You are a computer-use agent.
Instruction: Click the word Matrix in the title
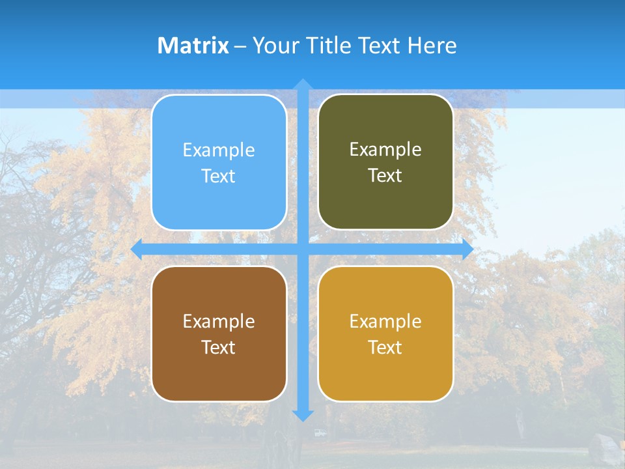coord(193,46)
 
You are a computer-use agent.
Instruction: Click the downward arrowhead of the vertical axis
coord(303,415)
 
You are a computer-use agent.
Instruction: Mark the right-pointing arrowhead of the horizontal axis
coord(467,249)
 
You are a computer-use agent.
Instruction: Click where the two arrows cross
coord(303,249)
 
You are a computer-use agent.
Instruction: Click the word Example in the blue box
coord(219,150)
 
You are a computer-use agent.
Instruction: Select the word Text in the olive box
coord(385,176)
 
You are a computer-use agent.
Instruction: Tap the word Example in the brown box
coord(219,322)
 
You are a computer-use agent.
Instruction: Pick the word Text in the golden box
coord(385,348)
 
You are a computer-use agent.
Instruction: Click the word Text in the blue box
coord(219,177)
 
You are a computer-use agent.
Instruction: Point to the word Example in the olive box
coord(385,150)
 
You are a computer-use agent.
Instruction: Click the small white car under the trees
coord(319,433)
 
